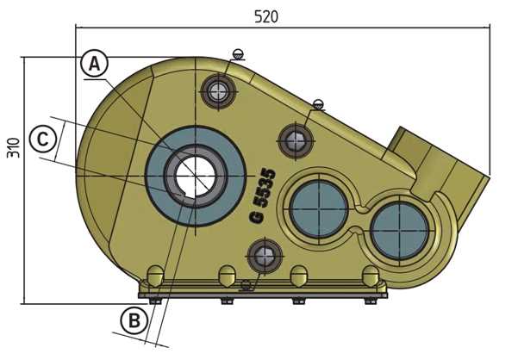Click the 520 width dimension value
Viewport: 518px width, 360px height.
265,16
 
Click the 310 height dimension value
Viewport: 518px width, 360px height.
12,148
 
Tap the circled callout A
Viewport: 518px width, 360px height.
96,63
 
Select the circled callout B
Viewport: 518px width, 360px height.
132,321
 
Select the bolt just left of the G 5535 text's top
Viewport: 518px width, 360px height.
295,139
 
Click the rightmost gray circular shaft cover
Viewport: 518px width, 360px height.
399,227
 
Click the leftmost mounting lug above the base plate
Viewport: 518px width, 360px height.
155,276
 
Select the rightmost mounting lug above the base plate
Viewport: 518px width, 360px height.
371,276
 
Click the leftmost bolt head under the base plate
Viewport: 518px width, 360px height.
155,301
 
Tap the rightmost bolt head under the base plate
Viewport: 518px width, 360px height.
371,301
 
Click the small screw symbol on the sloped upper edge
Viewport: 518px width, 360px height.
318,104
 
